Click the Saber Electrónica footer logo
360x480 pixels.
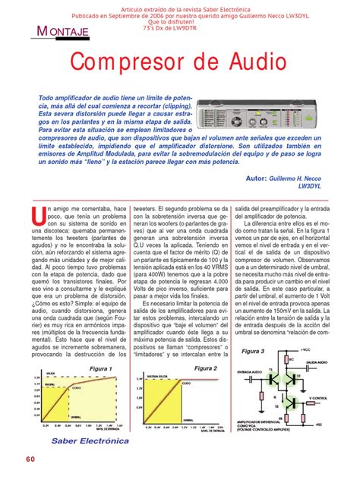pos(90,439)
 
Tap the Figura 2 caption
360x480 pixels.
pos(204,368)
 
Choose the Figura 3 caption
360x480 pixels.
pos(252,352)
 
